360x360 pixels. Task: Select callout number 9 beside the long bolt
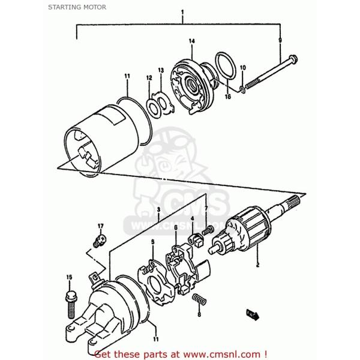click(280, 40)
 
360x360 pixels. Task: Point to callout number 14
click(192, 41)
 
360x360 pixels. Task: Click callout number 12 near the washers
click(149, 77)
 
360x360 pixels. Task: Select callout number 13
click(161, 71)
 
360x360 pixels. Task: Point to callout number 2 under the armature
click(258, 265)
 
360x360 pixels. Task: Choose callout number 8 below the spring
click(199, 314)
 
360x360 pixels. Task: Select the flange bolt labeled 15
click(70, 298)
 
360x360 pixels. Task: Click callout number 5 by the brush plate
click(152, 242)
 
